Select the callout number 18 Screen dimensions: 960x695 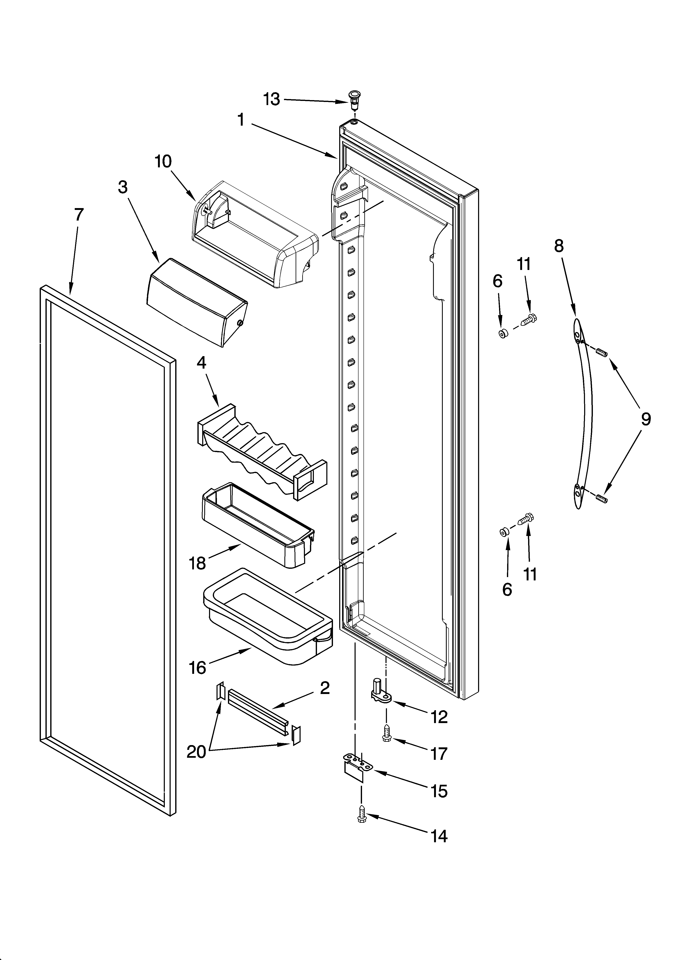(x=197, y=563)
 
